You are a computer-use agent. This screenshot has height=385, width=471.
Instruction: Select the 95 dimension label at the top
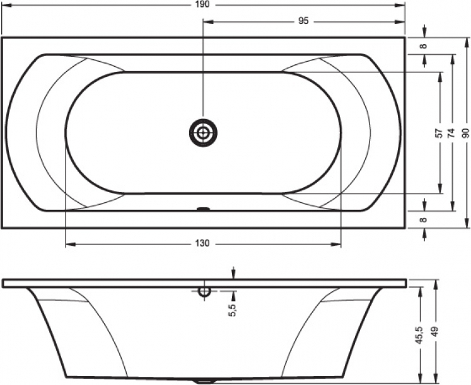(303, 21)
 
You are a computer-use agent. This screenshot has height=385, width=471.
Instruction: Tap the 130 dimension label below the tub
(203, 243)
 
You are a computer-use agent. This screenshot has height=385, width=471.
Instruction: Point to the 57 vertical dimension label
(439, 132)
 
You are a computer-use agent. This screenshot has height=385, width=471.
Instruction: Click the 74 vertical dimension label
(451, 132)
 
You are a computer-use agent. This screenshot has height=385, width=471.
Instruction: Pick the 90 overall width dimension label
(465, 132)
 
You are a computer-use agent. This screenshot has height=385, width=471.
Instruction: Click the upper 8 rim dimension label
(423, 46)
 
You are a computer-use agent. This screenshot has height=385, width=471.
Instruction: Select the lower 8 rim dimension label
(423, 220)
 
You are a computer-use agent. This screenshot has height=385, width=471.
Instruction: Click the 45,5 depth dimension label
(419, 331)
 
